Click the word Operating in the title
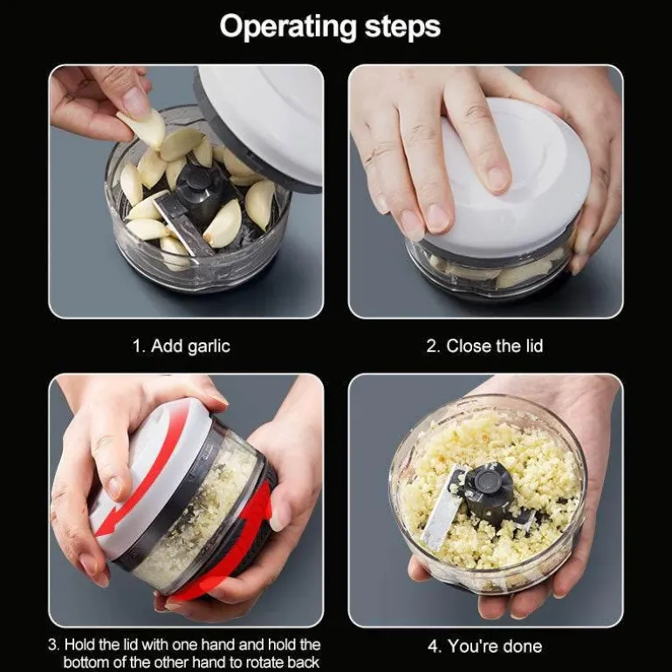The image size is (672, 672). [x=288, y=27]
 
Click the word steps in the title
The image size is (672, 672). [x=402, y=26]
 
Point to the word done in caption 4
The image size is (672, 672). [x=522, y=646]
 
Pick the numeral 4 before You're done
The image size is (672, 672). [x=434, y=647]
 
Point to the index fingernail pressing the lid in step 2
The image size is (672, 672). [x=497, y=179]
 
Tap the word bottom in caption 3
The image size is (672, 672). [x=87, y=662]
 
